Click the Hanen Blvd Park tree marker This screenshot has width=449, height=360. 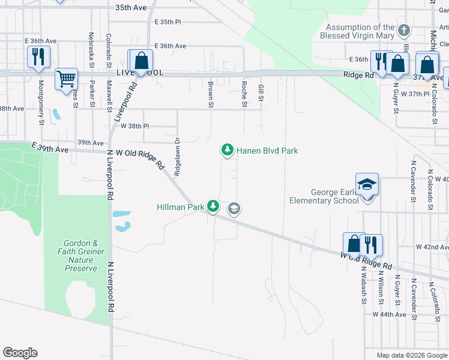point(227,150)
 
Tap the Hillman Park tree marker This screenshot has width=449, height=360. point(213,206)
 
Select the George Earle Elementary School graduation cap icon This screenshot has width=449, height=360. point(367,185)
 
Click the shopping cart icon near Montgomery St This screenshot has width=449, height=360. point(66,79)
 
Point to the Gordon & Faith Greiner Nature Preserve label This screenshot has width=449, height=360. point(80,256)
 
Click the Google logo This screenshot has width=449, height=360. point(20,353)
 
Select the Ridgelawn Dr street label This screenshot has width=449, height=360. point(177,158)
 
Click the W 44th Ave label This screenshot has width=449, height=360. point(389,314)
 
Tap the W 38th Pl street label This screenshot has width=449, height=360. point(134,127)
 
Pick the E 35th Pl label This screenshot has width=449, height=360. point(167,22)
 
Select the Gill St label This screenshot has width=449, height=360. point(261,92)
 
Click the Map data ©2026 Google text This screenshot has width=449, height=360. point(412,355)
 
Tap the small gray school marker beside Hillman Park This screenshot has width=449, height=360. point(234,209)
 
